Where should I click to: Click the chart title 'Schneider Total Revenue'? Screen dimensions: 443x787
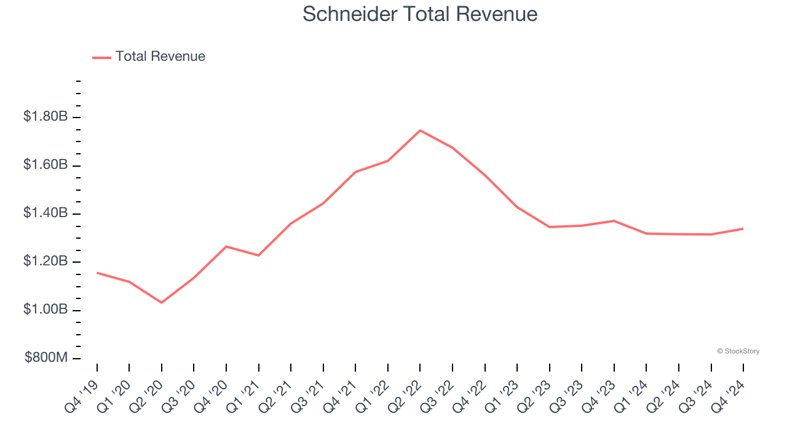pyautogui.click(x=420, y=14)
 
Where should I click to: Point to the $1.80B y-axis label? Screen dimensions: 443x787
pyautogui.click(x=45, y=116)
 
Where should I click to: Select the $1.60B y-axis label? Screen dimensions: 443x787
pyautogui.click(x=45, y=165)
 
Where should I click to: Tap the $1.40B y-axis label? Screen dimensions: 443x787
pyautogui.click(x=45, y=213)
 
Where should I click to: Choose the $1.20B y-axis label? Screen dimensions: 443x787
pyautogui.click(x=45, y=261)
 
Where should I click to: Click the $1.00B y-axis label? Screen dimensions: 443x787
pyautogui.click(x=45, y=309)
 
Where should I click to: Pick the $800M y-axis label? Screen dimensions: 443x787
pyautogui.click(x=45, y=358)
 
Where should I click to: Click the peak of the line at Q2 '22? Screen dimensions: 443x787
pyautogui.click(x=420, y=130)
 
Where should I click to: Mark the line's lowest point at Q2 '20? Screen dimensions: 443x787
pyautogui.click(x=162, y=303)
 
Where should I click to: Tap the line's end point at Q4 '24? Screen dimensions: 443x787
pyautogui.click(x=743, y=229)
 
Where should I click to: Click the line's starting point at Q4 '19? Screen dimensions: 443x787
pyautogui.click(x=97, y=273)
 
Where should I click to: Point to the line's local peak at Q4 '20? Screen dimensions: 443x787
pyautogui.click(x=226, y=247)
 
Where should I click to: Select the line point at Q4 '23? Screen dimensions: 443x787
pyautogui.click(x=614, y=221)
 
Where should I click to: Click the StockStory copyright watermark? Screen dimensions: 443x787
pyautogui.click(x=738, y=351)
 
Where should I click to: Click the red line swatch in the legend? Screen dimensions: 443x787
pyautogui.click(x=101, y=57)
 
